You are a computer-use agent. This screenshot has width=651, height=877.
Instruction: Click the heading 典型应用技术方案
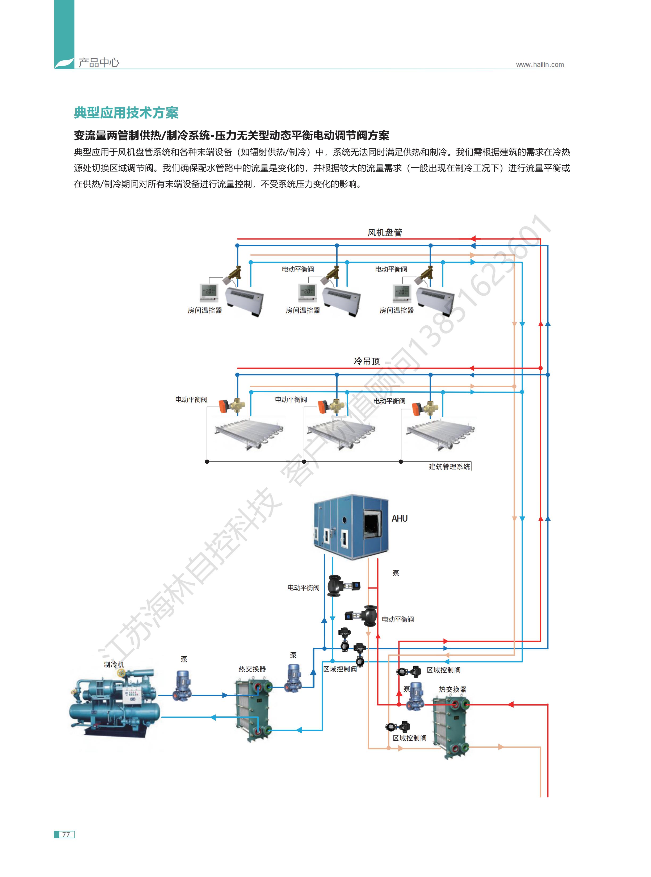tap(126, 113)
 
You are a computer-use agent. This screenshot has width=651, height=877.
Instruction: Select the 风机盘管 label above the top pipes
tap(385, 232)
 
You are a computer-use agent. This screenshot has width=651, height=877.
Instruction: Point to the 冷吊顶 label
tap(367, 361)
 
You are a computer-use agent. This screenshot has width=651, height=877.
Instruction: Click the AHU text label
tap(399, 518)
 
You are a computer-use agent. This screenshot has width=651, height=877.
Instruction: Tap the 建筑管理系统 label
tap(449, 467)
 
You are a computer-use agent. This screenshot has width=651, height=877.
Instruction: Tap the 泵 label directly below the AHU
tap(396, 573)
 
